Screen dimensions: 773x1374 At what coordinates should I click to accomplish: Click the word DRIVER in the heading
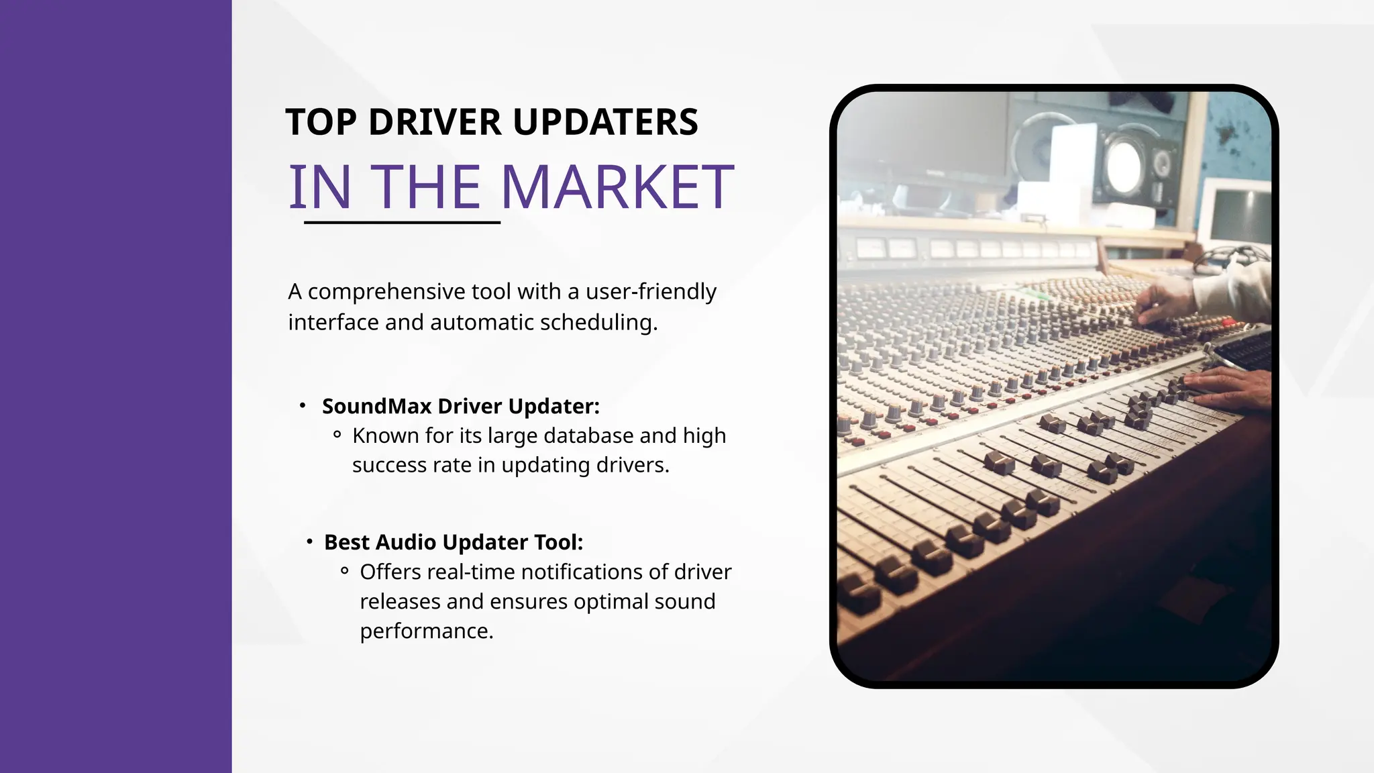(435, 123)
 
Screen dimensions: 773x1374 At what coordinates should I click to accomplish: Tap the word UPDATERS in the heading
(605, 123)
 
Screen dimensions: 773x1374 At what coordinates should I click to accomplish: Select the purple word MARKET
(617, 187)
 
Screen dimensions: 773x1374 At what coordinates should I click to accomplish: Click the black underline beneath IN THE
(402, 222)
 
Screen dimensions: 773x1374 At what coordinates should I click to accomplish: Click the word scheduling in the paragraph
(598, 323)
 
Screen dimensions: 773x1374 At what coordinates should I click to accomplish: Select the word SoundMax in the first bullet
(376, 407)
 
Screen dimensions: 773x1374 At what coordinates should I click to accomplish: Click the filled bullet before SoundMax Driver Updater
(303, 405)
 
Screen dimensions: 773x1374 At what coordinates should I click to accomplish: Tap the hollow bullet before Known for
(337, 435)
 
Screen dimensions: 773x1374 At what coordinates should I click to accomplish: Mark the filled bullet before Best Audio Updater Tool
(309, 541)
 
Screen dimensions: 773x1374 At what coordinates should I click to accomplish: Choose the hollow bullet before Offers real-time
(344, 571)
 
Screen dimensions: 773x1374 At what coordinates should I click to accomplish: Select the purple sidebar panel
(115, 386)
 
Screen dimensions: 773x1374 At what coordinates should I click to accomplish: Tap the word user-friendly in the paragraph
(651, 292)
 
